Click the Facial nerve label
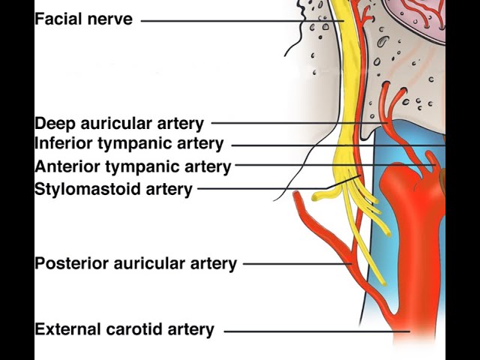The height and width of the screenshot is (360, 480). [83, 19]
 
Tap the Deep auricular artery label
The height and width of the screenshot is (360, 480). [119, 124]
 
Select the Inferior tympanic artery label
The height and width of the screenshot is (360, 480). [129, 143]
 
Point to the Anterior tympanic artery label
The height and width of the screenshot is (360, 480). [133, 166]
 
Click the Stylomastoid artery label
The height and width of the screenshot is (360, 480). [113, 189]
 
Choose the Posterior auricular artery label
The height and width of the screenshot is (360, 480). [136, 263]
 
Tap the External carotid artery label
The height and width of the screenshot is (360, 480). [124, 329]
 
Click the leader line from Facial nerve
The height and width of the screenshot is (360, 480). [240, 21]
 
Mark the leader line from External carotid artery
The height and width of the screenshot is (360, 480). [315, 331]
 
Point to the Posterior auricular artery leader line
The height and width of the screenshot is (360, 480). [296, 263]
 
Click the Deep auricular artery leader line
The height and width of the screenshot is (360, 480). [292, 122]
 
